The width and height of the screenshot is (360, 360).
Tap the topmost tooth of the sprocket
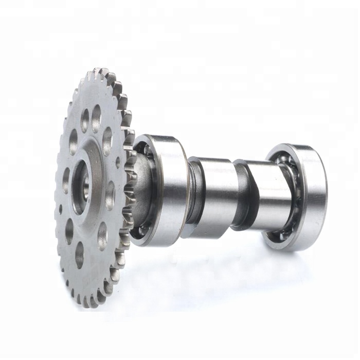(103, 73)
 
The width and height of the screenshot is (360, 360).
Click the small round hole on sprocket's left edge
(61, 209)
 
